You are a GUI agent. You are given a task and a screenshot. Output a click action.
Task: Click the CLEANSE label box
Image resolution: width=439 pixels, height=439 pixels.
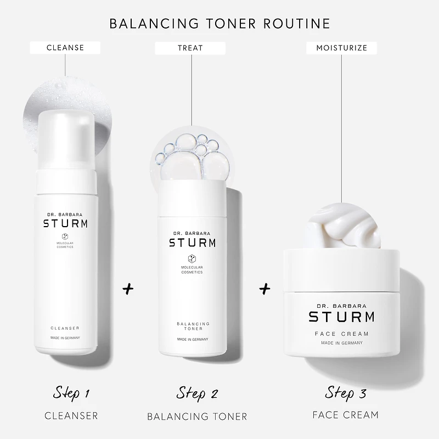tap(65, 48)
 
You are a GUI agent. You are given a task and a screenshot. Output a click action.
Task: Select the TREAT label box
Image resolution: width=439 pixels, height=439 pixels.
tap(190, 48)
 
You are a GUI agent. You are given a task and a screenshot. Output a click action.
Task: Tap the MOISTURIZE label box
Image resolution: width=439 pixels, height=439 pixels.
tap(341, 48)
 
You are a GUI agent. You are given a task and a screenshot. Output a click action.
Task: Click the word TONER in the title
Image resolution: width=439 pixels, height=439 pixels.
tap(231, 24)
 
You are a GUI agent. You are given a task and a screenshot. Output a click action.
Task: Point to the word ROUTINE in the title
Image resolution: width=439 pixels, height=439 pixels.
tap(297, 24)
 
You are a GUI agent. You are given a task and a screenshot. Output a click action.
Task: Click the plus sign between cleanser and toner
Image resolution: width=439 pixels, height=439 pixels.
tap(128, 289)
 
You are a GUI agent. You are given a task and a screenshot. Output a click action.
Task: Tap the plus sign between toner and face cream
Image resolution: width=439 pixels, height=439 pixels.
tap(264, 289)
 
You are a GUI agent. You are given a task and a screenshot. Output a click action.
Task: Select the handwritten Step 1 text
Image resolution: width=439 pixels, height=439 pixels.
tap(71, 393)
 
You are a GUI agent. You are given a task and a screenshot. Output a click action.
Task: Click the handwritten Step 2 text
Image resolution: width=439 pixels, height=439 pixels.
tap(197, 393)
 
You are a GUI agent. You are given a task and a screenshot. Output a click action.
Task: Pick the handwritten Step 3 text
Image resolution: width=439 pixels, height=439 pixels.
tap(346, 392)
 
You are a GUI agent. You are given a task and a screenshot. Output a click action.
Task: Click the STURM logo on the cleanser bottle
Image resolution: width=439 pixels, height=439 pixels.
tap(65, 223)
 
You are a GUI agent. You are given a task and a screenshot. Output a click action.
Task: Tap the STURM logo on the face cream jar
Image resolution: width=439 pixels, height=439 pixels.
tap(341, 317)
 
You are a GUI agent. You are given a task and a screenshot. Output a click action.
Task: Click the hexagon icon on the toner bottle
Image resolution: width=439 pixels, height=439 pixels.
tap(192, 258)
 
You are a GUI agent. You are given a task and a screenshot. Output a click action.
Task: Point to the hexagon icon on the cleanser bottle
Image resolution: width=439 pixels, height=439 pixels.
tap(65, 237)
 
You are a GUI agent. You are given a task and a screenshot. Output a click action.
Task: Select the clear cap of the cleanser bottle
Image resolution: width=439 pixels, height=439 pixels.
tap(66, 139)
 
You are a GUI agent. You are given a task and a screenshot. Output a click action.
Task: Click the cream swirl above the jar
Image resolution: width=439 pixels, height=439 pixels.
tap(342, 226)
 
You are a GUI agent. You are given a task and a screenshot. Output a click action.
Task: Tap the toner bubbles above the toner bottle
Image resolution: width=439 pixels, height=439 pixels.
tap(193, 156)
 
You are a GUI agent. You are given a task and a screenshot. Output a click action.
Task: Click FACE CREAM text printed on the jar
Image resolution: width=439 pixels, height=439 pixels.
tap(341, 334)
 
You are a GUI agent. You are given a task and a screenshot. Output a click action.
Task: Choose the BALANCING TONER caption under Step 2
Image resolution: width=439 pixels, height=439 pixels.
tap(197, 417)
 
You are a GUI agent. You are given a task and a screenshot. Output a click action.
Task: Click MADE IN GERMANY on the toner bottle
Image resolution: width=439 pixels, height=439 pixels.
tap(193, 339)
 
